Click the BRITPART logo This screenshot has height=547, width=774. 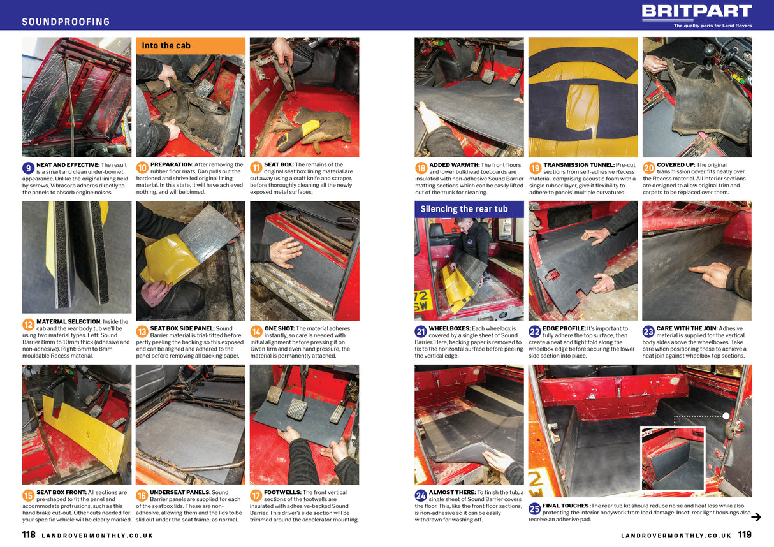click(x=697, y=11)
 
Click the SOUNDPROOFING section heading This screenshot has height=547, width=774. click(x=66, y=22)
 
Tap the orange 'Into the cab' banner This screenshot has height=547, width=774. click(x=191, y=46)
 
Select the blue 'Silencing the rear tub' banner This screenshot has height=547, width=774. click(x=469, y=209)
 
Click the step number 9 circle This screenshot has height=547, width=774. click(x=28, y=168)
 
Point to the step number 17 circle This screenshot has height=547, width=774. click(x=256, y=496)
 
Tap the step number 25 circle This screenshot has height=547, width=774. click(x=534, y=509)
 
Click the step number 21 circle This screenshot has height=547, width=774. click(x=420, y=332)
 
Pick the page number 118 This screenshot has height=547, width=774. click(x=29, y=534)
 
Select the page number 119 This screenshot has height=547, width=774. click(x=745, y=534)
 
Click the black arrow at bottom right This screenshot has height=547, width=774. click(x=756, y=517)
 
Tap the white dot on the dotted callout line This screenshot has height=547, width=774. click(x=726, y=416)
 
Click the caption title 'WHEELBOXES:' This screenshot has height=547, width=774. click(x=449, y=328)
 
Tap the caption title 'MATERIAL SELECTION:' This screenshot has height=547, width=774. click(x=69, y=321)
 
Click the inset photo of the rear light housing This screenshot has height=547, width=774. click(x=673, y=458)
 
